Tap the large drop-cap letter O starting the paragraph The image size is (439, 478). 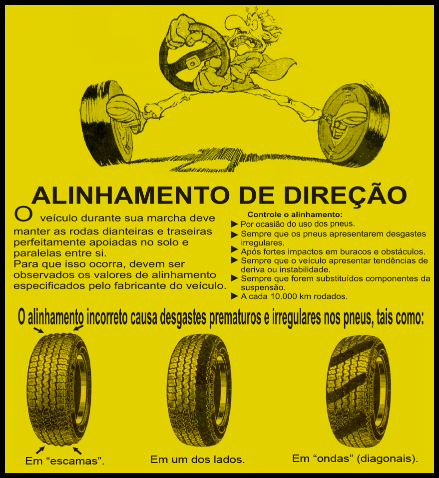pos(23,213)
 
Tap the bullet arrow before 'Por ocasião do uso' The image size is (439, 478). pos(234,224)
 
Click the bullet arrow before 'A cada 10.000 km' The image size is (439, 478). pos(234,296)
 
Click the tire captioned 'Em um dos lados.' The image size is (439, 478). pos(199,390)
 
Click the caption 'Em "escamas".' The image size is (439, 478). pos(65,460)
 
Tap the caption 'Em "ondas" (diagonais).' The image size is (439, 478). pos(355,458)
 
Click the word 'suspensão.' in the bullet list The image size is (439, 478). pos(263,288)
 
